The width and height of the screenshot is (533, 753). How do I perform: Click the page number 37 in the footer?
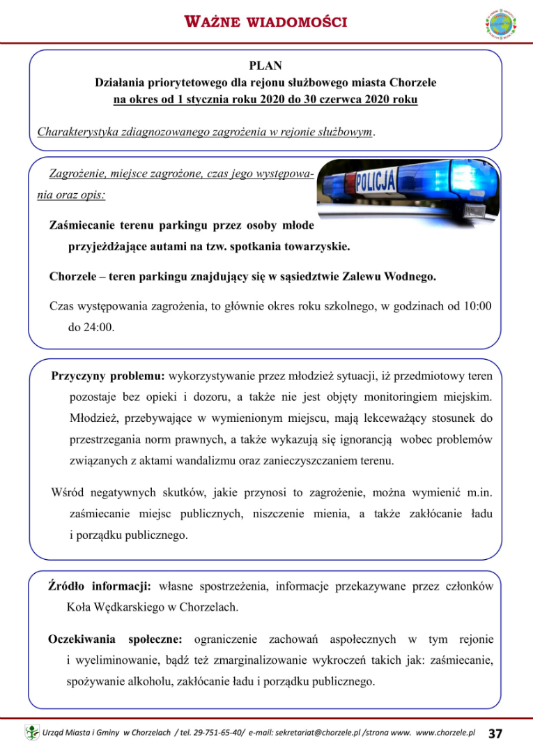(x=496, y=733)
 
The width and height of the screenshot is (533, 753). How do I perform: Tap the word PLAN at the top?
(x=265, y=66)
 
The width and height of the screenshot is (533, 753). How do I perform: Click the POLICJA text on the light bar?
(x=376, y=183)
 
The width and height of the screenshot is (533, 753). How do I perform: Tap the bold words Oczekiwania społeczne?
(x=115, y=639)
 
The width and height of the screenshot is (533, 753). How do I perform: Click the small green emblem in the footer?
(x=32, y=733)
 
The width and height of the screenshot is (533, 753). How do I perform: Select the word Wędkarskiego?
(x=128, y=607)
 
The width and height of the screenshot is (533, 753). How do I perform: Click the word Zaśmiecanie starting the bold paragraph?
(x=82, y=225)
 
